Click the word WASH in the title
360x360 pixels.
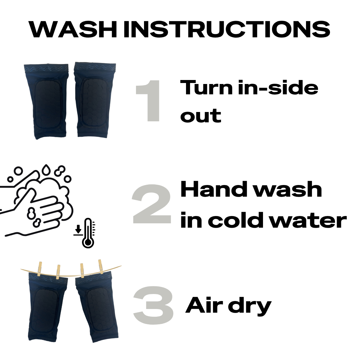coord(73,29)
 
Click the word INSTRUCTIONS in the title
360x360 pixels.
coord(227,29)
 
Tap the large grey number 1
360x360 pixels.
coord(148,101)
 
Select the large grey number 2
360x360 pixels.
coord(152,204)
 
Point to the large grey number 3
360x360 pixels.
coord(153,305)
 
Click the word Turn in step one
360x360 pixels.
coord(206,87)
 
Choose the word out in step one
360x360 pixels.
coord(201,115)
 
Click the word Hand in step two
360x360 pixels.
coord(215,189)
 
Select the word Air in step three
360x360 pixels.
coord(204,305)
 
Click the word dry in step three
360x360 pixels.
coord(250,307)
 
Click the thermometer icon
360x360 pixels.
coord(88,233)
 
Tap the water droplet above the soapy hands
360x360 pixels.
coord(46,170)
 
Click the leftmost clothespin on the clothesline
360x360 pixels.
coord(40,269)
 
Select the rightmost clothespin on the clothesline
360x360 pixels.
coord(101,267)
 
